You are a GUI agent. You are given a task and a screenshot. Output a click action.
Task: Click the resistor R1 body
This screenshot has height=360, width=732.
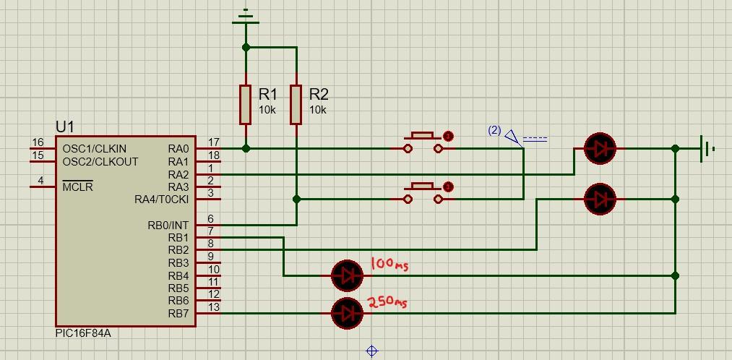[246, 104]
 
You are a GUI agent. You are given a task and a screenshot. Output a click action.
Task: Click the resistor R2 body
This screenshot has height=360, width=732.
[296, 104]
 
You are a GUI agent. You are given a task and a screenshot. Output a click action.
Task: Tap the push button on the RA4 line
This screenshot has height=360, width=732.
[423, 192]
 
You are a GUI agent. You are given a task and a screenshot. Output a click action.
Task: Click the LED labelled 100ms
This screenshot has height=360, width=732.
[347, 275]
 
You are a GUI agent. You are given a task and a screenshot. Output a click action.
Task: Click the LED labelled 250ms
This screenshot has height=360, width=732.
[347, 313]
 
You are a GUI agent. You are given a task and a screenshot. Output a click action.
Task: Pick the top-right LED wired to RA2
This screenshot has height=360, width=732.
[600, 148]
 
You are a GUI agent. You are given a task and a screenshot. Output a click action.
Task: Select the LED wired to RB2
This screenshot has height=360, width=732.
[600, 199]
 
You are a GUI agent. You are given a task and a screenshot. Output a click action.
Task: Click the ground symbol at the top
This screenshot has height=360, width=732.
[246, 17]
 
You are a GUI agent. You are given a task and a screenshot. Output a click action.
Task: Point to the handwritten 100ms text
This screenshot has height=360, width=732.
[389, 265]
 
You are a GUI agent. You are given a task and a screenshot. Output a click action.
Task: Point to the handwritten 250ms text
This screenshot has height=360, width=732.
[387, 302]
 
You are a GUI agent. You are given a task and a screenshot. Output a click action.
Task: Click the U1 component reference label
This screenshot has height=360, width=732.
[65, 127]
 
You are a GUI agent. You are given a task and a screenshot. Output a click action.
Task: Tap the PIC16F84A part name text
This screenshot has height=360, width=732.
[83, 333]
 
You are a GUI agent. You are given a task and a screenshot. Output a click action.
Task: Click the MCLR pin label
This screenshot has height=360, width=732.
[77, 187]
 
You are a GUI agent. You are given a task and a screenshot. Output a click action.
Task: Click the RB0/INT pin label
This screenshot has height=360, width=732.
[168, 226]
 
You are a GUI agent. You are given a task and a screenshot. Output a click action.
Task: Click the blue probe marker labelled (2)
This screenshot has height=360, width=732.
[512, 135]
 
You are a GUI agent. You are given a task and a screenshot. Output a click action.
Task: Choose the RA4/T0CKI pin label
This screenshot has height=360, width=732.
[161, 200]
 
